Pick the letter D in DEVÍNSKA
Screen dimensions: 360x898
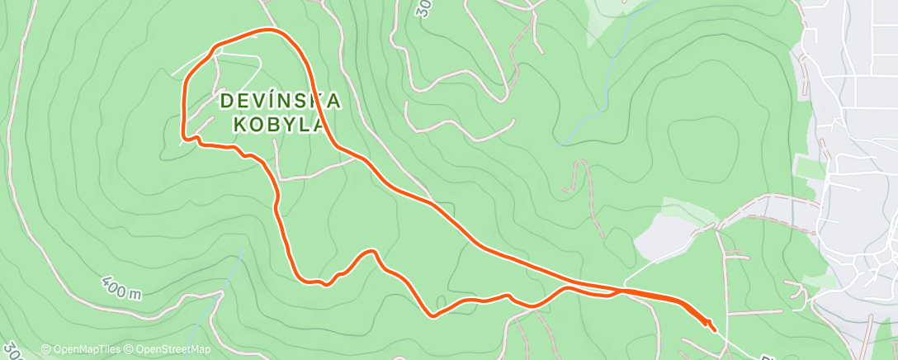(226, 101)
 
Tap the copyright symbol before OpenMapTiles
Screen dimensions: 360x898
(45, 349)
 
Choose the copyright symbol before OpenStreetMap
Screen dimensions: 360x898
(130, 349)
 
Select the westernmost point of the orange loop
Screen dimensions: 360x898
(182, 124)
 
